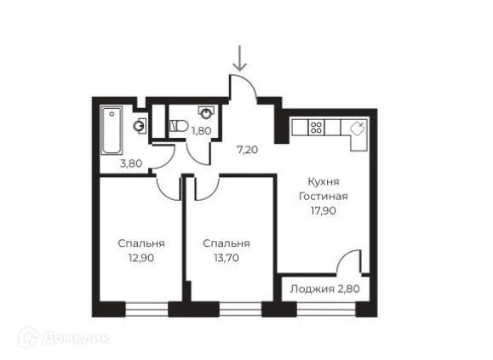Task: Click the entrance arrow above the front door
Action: coord(240,58)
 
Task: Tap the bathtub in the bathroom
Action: coord(112,130)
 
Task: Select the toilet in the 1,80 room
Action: coord(178,126)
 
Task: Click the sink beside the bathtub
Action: coord(140,126)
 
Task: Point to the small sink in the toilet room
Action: coord(206,112)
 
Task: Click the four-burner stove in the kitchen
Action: coord(316,127)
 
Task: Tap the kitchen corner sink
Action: coord(358,128)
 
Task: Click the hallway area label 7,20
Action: coord(248,150)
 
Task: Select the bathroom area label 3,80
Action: coord(131,163)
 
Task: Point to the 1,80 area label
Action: coord(202,131)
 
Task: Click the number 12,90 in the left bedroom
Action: coord(141,258)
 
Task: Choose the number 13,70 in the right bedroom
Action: coord(226,258)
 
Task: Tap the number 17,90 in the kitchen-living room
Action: coord(324,210)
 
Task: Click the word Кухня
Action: coord(324,181)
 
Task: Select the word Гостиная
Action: coord(324,197)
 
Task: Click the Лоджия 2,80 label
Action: coord(324,289)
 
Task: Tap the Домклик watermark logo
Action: coord(64,338)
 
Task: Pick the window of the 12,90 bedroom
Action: coord(146,308)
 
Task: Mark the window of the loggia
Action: coord(326,308)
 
